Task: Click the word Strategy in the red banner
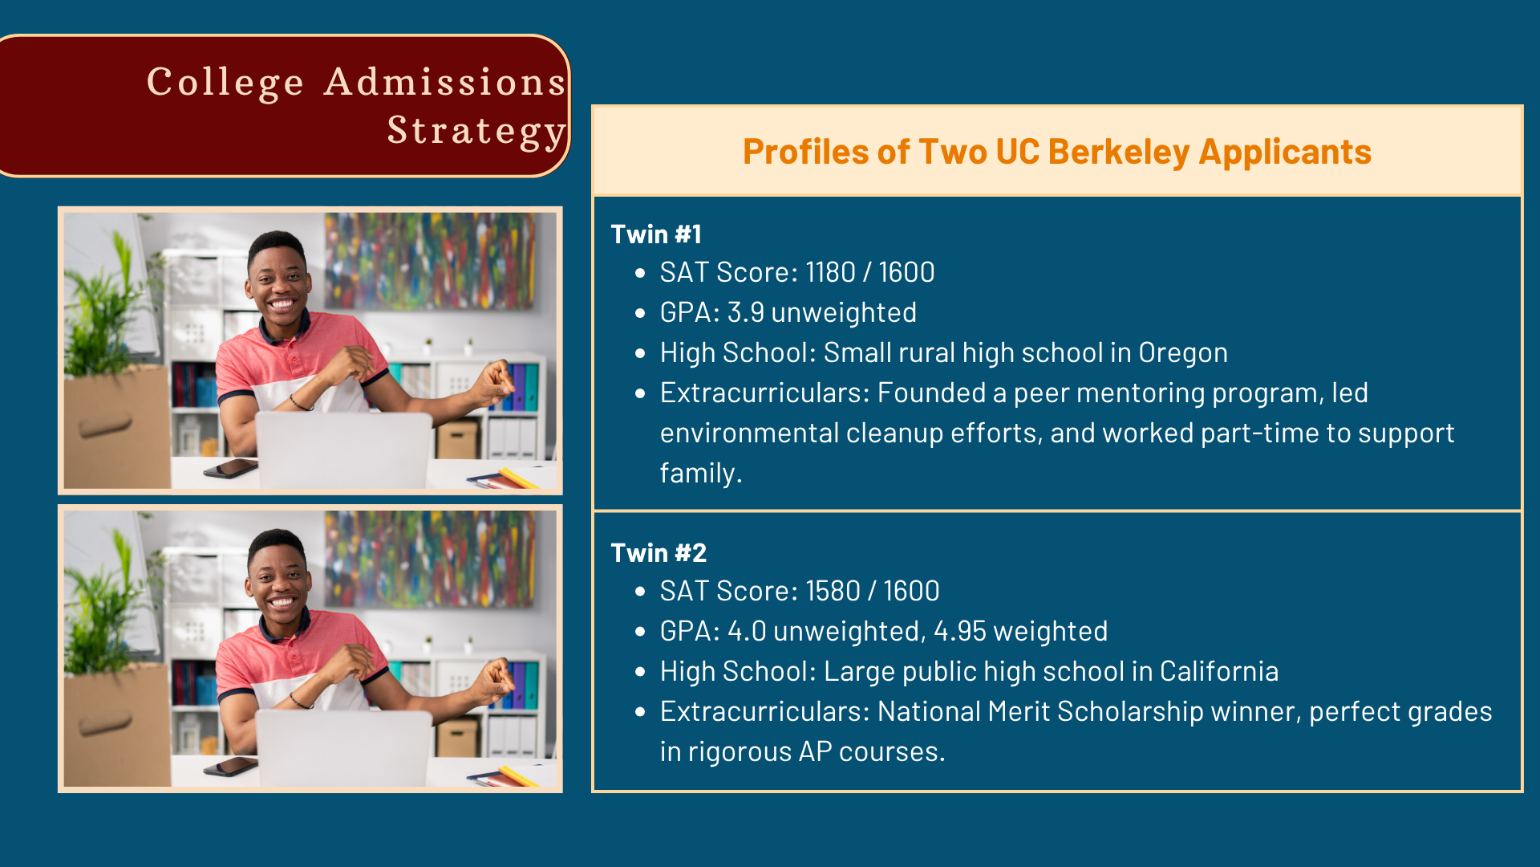(476, 131)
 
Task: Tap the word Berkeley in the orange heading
(1118, 152)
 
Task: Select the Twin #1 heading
(656, 234)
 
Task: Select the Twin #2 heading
(659, 552)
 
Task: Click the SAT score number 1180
(830, 272)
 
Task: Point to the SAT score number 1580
(833, 591)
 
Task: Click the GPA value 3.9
(745, 312)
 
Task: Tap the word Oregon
(1183, 353)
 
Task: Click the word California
(1219, 671)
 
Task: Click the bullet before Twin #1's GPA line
(640, 313)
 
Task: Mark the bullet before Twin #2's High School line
(640, 672)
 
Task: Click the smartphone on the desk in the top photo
(230, 468)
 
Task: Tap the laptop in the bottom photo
(344, 747)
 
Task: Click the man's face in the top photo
(278, 282)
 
